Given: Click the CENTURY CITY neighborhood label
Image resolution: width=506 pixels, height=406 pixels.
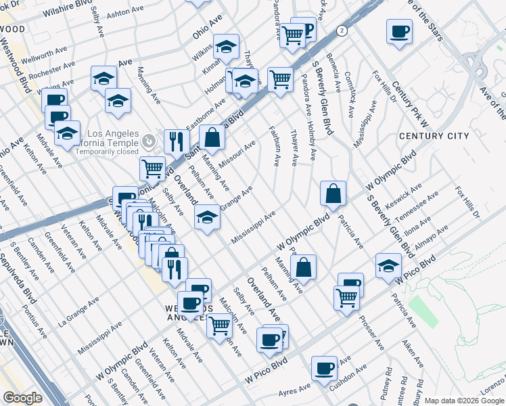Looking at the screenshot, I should pos(434,136).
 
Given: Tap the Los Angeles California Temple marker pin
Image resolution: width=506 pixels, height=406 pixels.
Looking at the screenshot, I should pos(149,142).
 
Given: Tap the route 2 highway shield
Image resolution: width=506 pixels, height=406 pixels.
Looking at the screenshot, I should pos(343,30).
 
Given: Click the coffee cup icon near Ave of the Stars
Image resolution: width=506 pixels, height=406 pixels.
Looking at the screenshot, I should pos(399,32).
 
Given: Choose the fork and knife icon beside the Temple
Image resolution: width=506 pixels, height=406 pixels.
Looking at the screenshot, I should pos(177,141).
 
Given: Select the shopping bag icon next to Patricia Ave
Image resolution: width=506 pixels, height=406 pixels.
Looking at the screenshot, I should pos(333,194).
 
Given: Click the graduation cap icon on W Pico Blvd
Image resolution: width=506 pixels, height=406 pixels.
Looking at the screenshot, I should pos(388,265).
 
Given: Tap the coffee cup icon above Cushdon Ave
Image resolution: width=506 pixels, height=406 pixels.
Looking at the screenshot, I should pos(325,369).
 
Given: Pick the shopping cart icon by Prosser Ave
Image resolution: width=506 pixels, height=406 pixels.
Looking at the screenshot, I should pos(346,297).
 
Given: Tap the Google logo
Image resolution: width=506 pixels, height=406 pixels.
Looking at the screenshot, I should pos(22,398).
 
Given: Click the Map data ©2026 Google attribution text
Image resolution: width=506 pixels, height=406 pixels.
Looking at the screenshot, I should pos(464,401).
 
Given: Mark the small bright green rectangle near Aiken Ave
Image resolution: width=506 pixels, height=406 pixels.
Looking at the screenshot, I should pos(423,310).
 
